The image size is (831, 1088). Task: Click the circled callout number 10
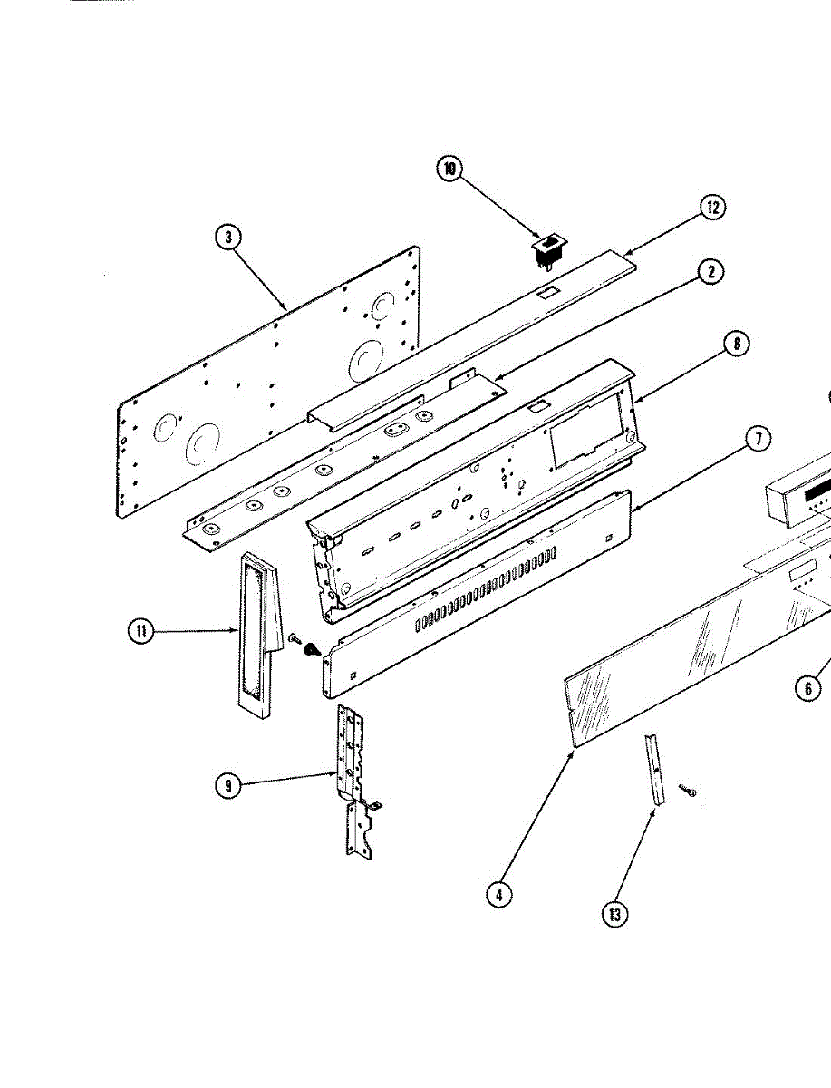click(449, 170)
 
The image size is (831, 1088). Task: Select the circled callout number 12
click(712, 207)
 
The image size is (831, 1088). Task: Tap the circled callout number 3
click(228, 238)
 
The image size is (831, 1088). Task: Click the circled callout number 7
click(758, 440)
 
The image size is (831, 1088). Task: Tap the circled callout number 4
click(498, 894)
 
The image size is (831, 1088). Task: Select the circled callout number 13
click(615, 915)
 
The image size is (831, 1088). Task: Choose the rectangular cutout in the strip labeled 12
click(546, 293)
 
